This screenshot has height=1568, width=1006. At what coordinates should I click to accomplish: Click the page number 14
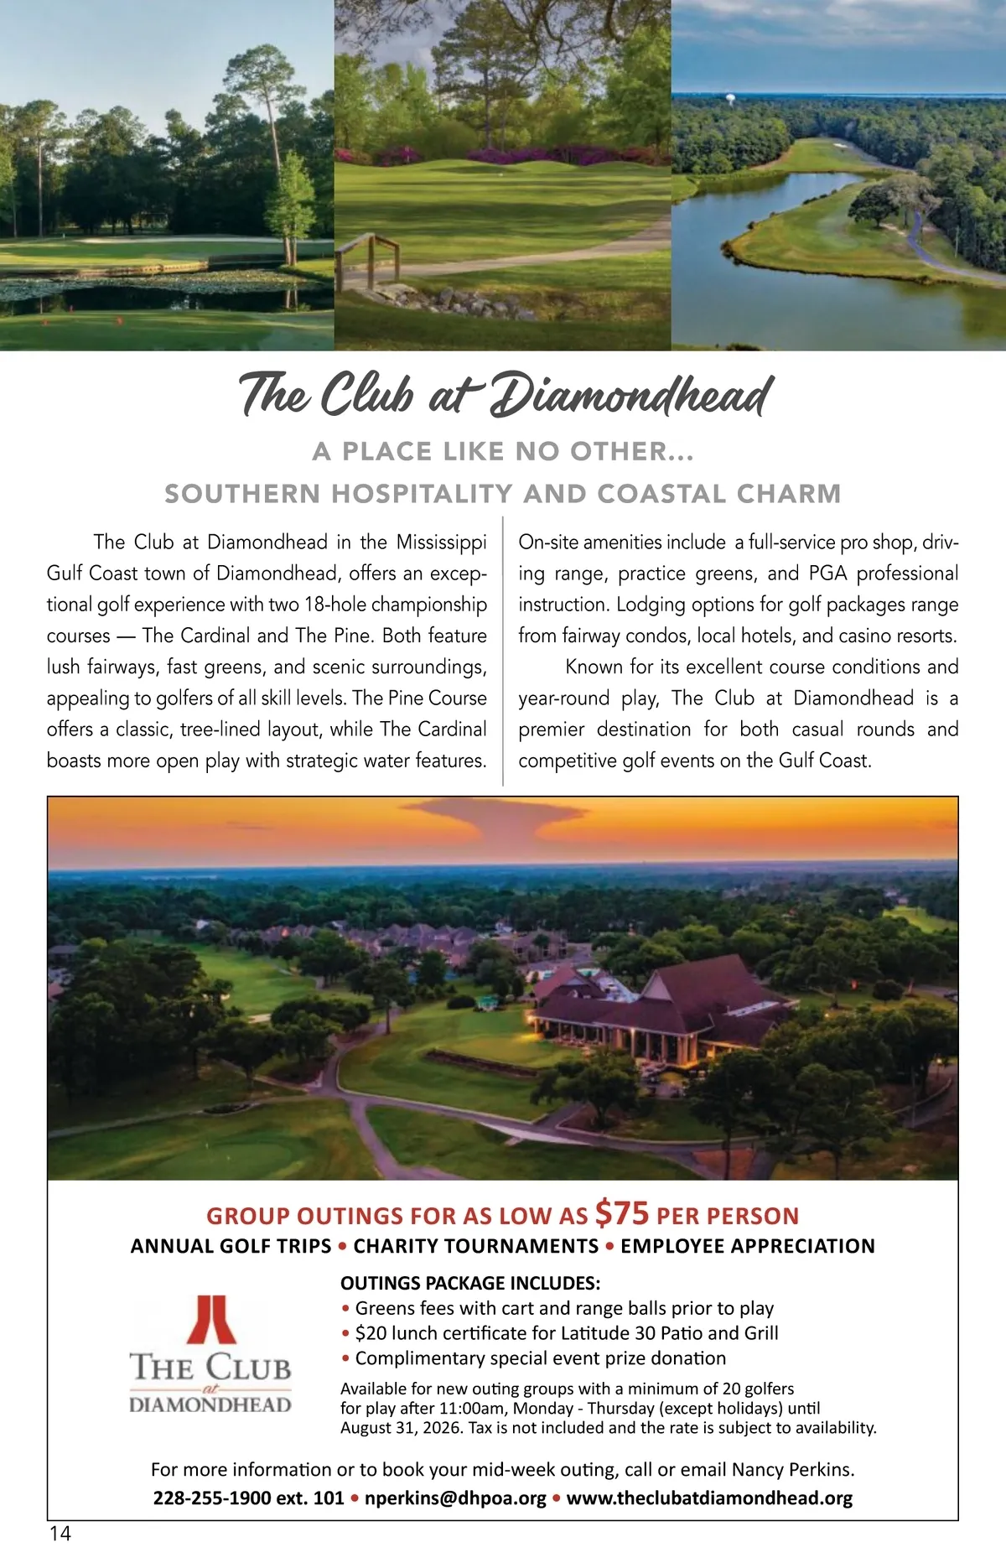pyautogui.click(x=60, y=1534)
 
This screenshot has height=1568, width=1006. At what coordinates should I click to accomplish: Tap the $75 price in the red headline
pyautogui.click(x=622, y=1212)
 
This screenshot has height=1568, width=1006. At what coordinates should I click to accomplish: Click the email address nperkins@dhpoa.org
pyautogui.click(x=455, y=1498)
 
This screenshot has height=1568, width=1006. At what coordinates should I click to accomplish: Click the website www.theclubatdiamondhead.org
pyautogui.click(x=709, y=1498)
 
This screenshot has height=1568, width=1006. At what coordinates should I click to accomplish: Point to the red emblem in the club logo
pyautogui.click(x=210, y=1320)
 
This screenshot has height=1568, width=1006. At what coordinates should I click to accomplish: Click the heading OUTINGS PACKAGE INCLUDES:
pyautogui.click(x=470, y=1283)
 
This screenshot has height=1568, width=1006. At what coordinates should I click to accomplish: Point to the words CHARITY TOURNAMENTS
pyautogui.click(x=476, y=1246)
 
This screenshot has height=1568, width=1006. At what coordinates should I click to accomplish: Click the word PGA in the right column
pyautogui.click(x=827, y=574)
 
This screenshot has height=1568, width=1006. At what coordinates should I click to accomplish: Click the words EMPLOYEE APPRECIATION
pyautogui.click(x=748, y=1246)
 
